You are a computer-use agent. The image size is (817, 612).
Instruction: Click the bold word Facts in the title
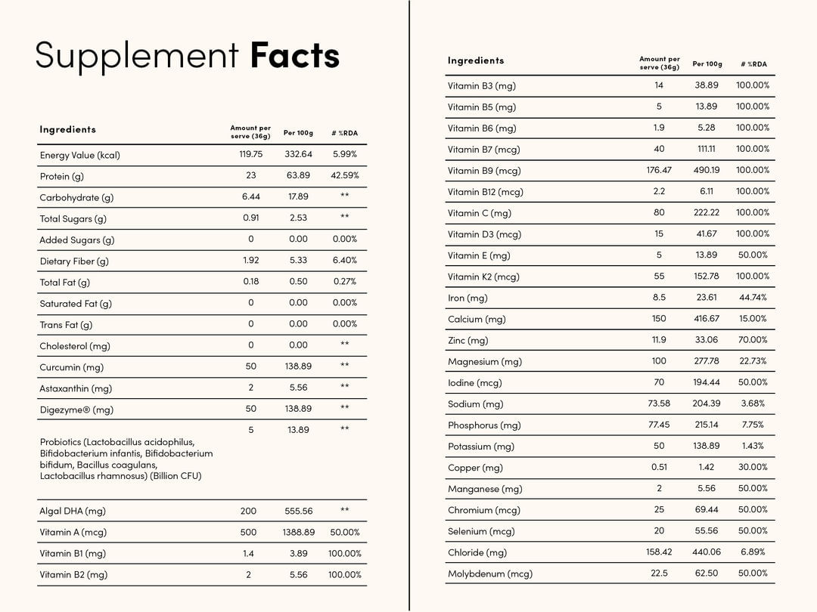point(294,56)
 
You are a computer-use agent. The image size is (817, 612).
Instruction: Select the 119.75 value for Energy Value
point(250,154)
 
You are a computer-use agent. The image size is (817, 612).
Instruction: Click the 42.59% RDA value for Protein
point(344,175)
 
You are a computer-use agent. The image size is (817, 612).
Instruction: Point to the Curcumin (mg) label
point(71,367)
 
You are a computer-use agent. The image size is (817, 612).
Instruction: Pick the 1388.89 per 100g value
point(298,532)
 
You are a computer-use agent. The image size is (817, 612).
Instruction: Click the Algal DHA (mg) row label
point(73,511)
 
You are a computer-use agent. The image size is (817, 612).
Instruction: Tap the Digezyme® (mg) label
point(76,410)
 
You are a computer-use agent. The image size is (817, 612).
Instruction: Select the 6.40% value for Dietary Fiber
point(344,260)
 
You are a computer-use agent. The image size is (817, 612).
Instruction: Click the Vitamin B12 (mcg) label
point(485,192)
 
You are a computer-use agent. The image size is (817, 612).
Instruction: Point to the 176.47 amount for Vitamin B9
point(659,170)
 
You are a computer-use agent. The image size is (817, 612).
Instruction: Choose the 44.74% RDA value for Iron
point(753,297)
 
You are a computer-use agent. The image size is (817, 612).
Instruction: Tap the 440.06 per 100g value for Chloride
point(707,552)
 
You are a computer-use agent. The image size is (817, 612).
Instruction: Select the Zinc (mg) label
point(468,341)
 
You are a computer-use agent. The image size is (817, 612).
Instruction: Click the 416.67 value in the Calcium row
point(707,319)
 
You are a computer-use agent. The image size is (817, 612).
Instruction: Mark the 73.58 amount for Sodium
point(659,403)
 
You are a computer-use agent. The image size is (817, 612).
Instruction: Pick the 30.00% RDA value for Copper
point(753,467)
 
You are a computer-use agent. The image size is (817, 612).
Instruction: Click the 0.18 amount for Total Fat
point(250,281)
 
